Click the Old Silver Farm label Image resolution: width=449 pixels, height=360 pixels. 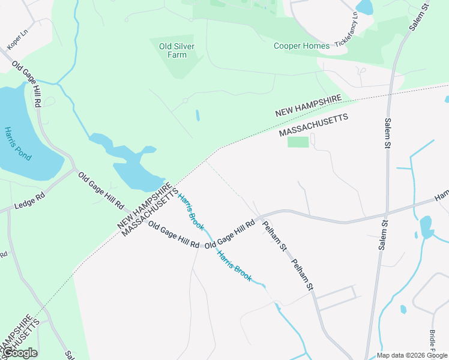pyautogui.click(x=173, y=50)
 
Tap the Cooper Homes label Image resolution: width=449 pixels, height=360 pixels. pyautogui.click(x=301, y=46)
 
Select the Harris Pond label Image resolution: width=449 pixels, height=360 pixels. pyautogui.click(x=17, y=143)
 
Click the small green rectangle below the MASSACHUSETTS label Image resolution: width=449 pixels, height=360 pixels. pyautogui.click(x=298, y=142)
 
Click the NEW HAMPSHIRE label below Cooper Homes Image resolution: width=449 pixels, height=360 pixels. pyautogui.click(x=308, y=106)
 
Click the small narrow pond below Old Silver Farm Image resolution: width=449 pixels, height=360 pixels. pyautogui.click(x=197, y=115)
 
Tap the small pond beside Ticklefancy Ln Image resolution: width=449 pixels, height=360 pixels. pyautogui.click(x=364, y=7)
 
